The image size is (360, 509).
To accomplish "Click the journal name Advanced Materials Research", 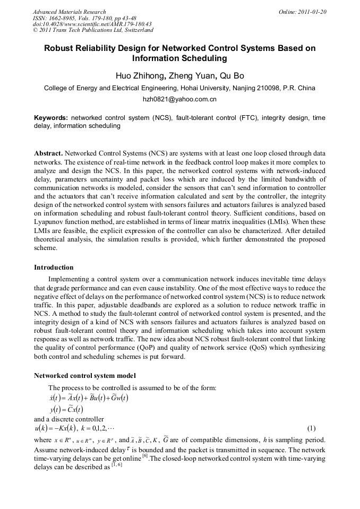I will pos(69,12).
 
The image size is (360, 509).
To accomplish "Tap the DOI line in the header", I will pos(91,24).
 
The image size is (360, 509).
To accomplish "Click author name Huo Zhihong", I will pos(136,76).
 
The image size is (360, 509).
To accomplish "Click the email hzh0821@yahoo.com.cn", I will pos(179,99).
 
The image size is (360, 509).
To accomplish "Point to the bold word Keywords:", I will pos(51,117).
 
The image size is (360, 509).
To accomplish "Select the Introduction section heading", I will pos(54,267).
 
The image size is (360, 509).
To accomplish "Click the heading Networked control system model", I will pos(85,376).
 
